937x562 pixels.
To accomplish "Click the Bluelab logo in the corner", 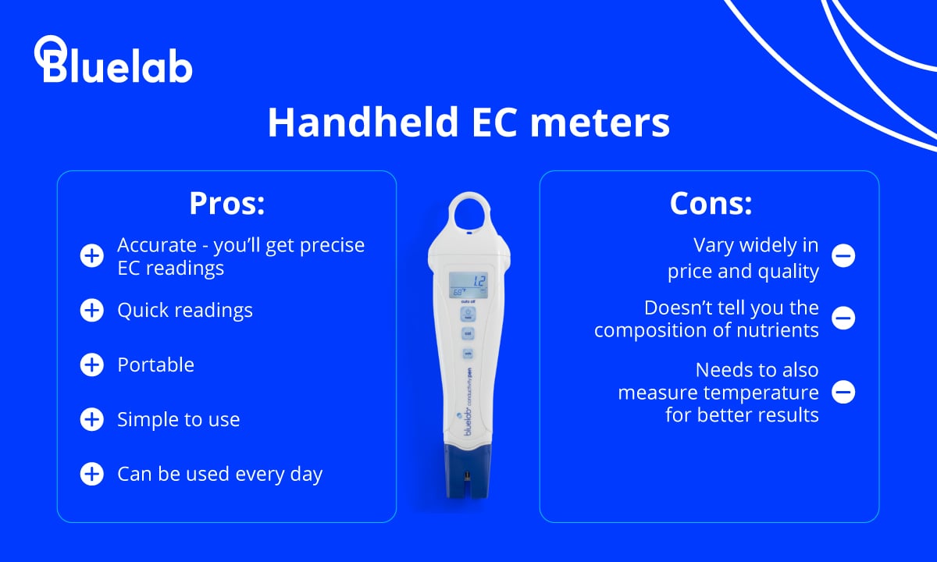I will click(113, 60).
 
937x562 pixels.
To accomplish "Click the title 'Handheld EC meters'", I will click(468, 123).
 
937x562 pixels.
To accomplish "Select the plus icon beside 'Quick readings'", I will click(91, 311).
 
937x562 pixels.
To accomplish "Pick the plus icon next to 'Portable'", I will click(91, 365).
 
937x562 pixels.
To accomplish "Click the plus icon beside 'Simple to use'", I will click(91, 419).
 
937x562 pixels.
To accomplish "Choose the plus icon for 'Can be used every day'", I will click(91, 474).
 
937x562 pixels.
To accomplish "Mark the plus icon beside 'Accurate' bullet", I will click(91, 255).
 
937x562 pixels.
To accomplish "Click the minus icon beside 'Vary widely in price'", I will click(843, 255).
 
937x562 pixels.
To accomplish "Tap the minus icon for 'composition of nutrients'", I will click(843, 318).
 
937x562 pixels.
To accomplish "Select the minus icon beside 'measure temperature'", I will click(843, 392).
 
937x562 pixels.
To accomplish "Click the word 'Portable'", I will click(155, 365).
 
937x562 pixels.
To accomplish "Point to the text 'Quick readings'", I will click(185, 311).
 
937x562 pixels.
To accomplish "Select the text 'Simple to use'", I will click(178, 419).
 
